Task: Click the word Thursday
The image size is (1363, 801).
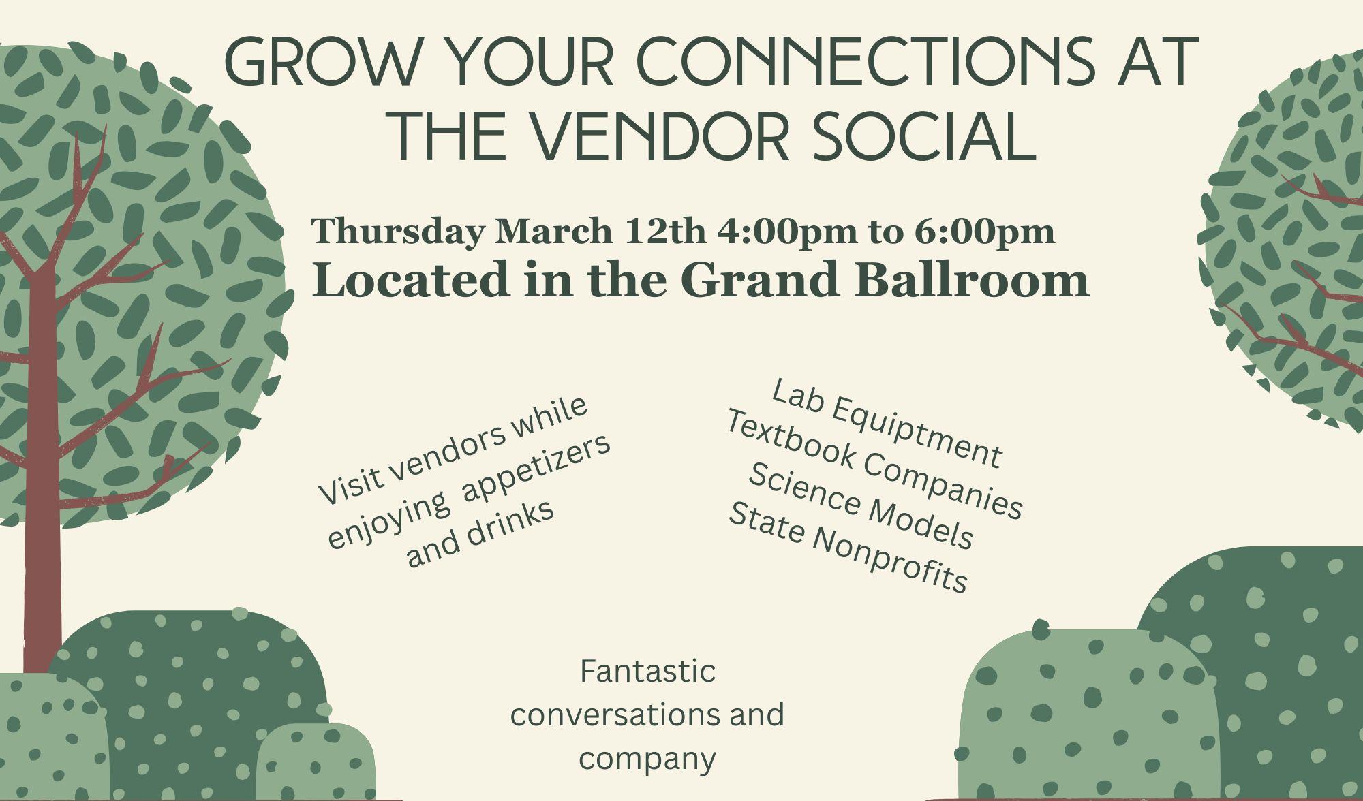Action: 397,232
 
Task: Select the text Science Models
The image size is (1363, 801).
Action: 860,505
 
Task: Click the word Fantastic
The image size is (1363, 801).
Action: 647,671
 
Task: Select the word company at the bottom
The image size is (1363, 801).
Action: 647,759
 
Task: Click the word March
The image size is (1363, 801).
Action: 553,232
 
